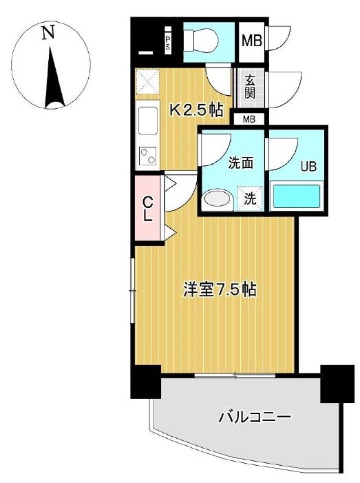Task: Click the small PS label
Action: (x=167, y=43)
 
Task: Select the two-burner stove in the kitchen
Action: (x=147, y=156)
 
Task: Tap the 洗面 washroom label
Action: (x=241, y=163)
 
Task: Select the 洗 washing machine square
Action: (x=251, y=198)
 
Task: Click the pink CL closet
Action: (x=147, y=209)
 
